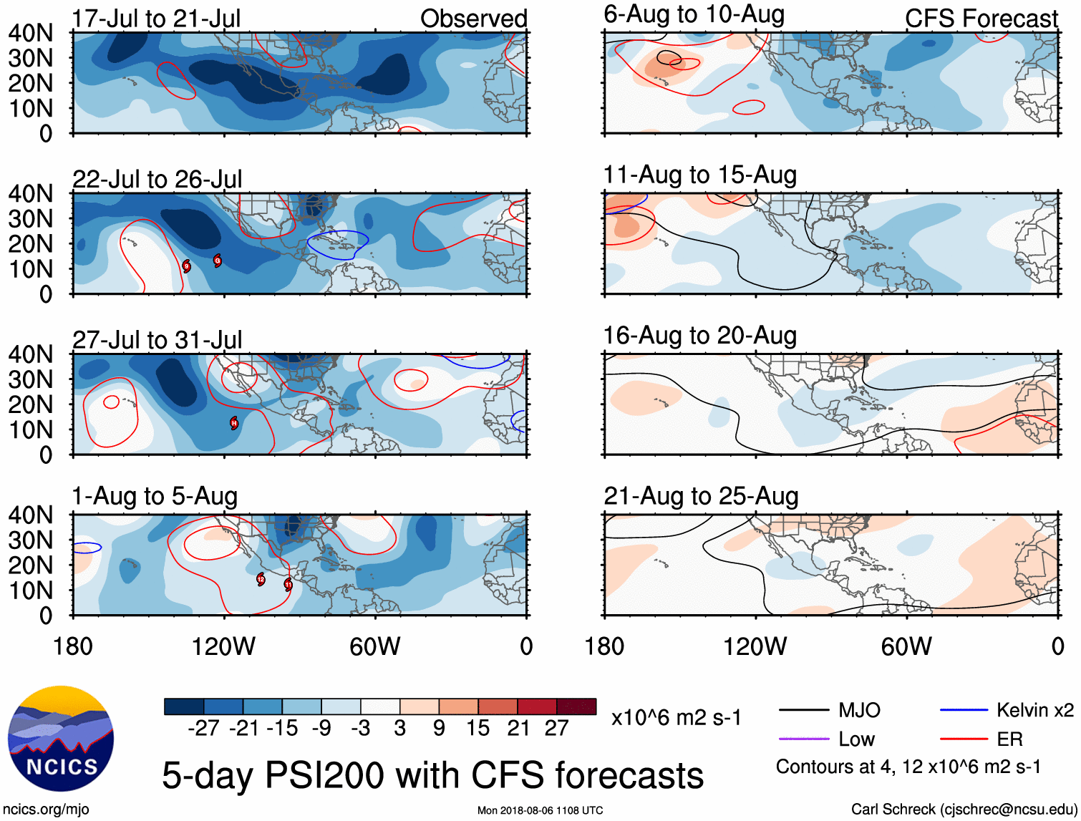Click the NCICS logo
[x=60, y=739]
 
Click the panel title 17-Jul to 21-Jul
[x=156, y=19]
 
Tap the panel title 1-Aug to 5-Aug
[x=155, y=496]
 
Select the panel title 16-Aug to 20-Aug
[x=699, y=335]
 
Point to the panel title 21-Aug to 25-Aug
[x=701, y=496]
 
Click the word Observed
[x=473, y=19]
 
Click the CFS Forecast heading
[x=981, y=19]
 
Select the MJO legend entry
[x=859, y=710]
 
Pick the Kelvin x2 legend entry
[x=1034, y=710]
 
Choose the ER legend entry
[x=1009, y=739]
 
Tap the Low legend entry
[x=856, y=739]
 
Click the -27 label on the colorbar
[x=203, y=728]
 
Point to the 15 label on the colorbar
[x=478, y=728]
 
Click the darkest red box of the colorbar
[x=576, y=706]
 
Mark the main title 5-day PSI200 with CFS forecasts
[x=432, y=775]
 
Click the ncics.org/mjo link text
[x=46, y=810]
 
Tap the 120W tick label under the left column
[x=223, y=646]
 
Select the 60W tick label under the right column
[x=906, y=646]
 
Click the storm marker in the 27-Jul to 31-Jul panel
[x=233, y=423]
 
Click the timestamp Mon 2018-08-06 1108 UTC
[x=540, y=810]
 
